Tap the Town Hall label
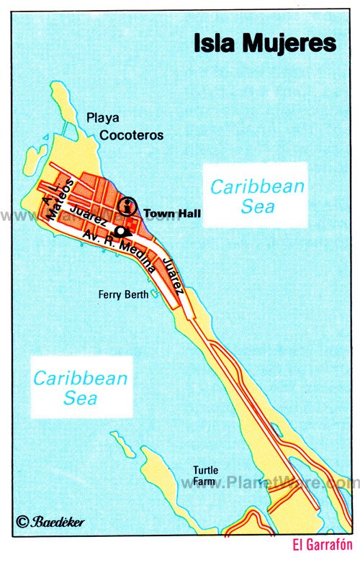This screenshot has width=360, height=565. click(172, 213)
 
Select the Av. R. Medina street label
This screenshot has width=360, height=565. click(120, 252)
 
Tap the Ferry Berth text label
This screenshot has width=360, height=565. click(124, 294)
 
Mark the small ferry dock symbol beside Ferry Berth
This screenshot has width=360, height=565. click(153, 294)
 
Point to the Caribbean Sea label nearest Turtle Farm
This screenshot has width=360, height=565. click(81, 387)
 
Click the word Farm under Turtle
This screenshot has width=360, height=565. click(205, 483)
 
